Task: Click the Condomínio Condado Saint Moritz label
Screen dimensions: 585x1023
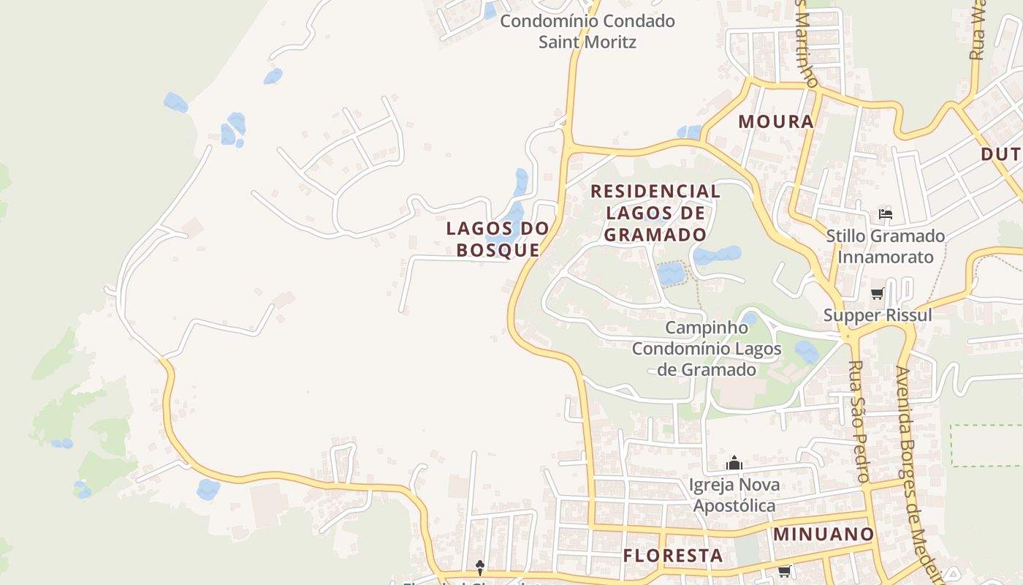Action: point(587,31)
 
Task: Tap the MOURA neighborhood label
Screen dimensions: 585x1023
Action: point(776,121)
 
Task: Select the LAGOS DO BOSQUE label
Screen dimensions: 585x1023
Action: point(498,239)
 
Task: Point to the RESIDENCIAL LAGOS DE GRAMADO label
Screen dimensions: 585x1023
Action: point(655,213)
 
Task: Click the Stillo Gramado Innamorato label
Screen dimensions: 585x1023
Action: point(886,246)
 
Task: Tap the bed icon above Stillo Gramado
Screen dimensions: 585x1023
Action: point(886,214)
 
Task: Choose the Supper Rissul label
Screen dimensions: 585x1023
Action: point(878,315)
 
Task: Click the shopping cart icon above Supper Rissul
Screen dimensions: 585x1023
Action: point(877,294)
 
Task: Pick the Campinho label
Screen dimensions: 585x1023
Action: point(707,328)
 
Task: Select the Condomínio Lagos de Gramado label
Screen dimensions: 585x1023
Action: point(707,359)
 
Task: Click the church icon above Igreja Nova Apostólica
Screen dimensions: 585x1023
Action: point(734,464)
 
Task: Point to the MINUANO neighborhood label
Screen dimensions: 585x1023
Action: point(824,534)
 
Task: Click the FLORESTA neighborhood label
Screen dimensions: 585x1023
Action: point(673,556)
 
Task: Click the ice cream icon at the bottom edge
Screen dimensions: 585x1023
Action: point(480,566)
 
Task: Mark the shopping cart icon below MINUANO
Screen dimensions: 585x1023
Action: point(784,571)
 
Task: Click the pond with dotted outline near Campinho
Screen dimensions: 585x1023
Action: point(671,273)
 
